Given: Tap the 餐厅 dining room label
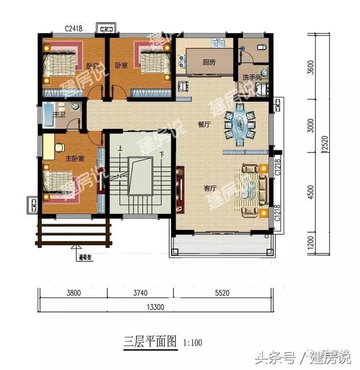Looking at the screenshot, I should (x=204, y=125).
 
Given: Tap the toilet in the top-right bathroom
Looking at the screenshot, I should (x=262, y=46).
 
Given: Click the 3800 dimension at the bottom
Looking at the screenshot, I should (x=73, y=293).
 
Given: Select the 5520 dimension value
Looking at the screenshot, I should (x=227, y=293).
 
